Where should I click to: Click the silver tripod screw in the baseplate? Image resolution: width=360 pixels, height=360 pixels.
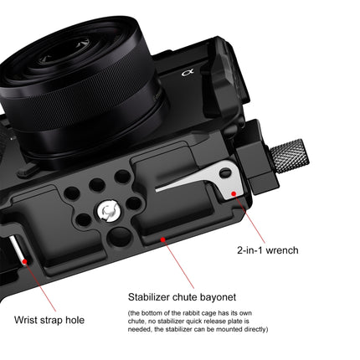coord(109,208)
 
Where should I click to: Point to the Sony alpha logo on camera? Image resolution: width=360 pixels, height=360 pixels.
coord(189,75)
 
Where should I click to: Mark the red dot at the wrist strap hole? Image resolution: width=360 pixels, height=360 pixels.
coord(25,260)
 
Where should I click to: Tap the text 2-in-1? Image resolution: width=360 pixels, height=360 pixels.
coord(249,249)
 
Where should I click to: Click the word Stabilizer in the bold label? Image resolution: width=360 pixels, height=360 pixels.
coord(154,296)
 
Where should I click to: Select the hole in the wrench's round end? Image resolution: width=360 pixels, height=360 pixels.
coord(224,174)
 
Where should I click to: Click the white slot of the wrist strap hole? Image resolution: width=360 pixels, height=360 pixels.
coord(17,252)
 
